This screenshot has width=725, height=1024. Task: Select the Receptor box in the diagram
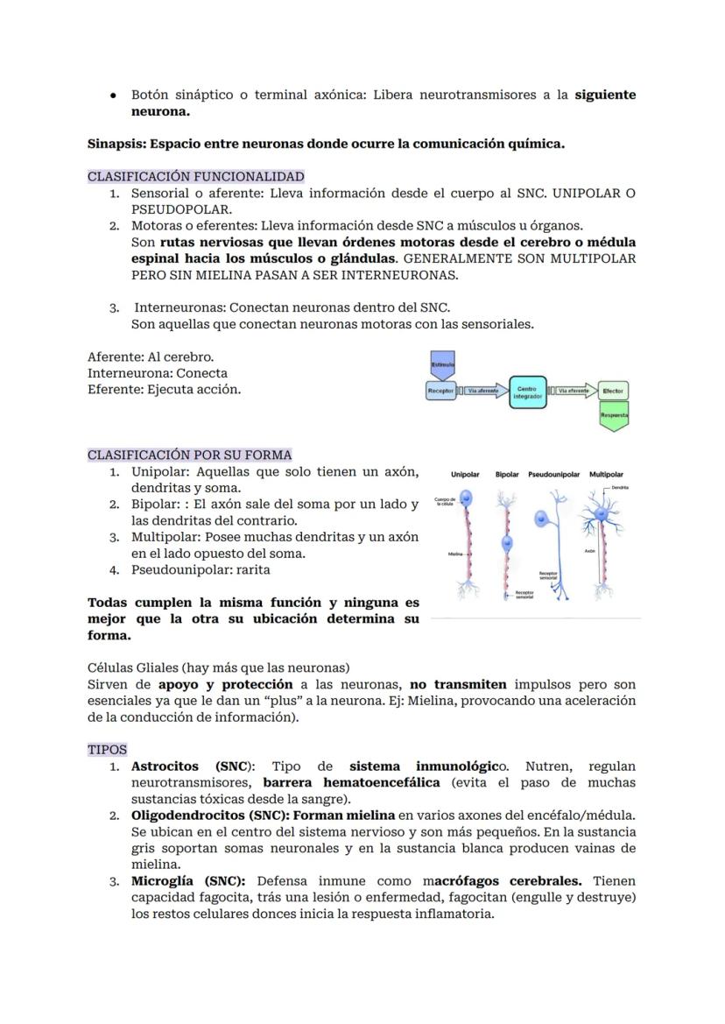441,391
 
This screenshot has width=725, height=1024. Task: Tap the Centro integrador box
528,392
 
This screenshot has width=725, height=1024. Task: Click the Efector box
614,391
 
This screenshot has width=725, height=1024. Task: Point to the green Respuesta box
614,415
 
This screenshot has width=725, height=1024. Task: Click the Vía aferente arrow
482,391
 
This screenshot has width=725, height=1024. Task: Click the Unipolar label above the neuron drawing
465,474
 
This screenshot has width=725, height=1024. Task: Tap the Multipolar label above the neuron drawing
606,474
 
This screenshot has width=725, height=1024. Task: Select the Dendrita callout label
620,487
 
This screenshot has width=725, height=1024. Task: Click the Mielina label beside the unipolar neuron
455,554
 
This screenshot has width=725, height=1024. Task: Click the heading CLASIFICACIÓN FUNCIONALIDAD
195,176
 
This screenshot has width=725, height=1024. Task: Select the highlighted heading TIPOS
107,750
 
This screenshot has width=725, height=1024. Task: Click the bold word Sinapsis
116,144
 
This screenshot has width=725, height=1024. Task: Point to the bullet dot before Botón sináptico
114,95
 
